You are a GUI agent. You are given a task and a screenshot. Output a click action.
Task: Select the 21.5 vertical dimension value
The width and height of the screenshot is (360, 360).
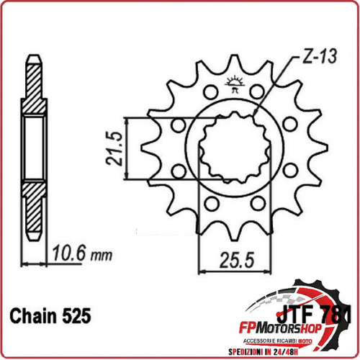(111, 148)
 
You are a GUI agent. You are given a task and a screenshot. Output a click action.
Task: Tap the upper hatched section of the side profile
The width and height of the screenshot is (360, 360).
(33, 94)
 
